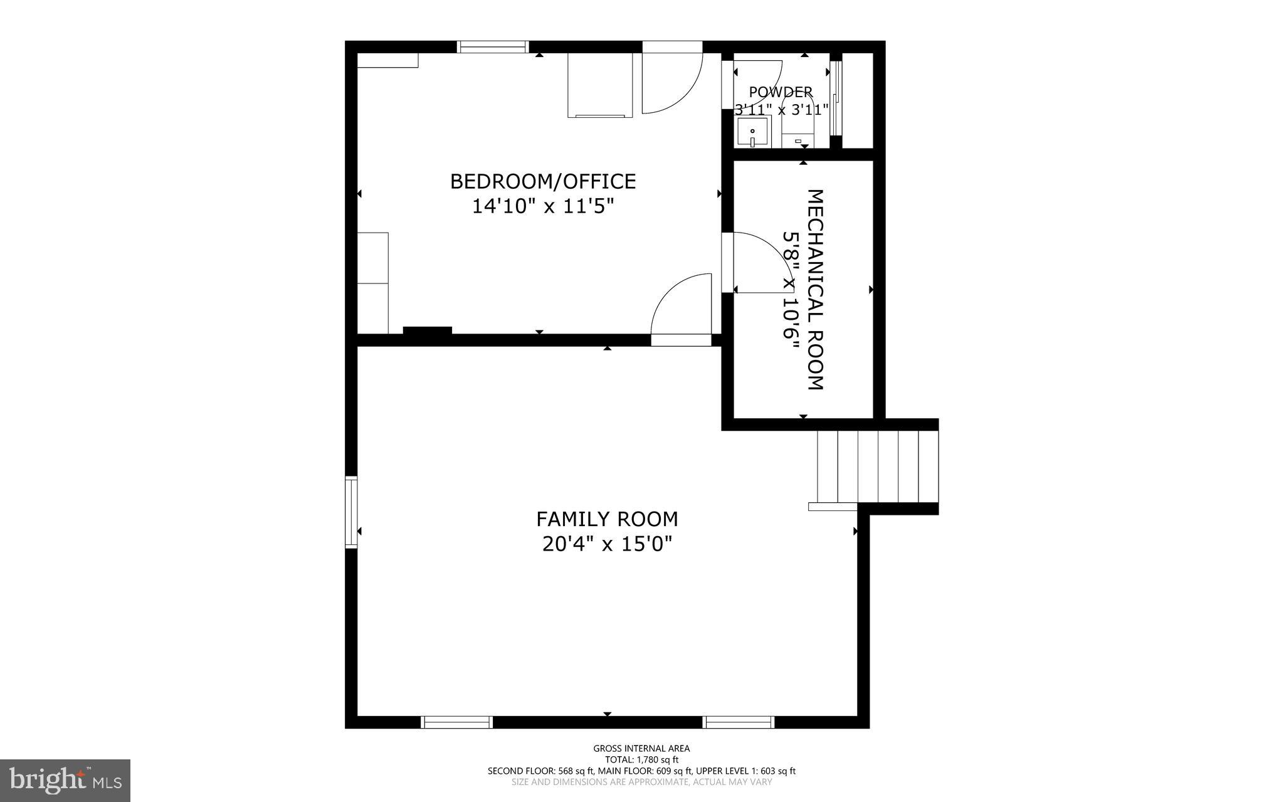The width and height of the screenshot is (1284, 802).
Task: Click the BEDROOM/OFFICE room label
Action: pyautogui.click(x=543, y=182)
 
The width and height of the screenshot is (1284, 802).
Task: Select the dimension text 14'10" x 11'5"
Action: pyautogui.click(x=543, y=206)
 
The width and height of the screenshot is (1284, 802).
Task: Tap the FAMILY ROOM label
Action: pyautogui.click(x=607, y=519)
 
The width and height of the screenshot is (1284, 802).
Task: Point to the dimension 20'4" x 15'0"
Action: pyautogui.click(x=607, y=544)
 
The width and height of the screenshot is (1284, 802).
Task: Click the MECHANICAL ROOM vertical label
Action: pyautogui.click(x=814, y=290)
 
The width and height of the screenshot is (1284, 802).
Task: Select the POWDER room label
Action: pyautogui.click(x=781, y=92)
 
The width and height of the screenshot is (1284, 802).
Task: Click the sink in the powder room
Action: pyautogui.click(x=752, y=133)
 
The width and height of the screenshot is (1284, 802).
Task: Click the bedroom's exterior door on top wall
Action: pyautogui.click(x=671, y=82)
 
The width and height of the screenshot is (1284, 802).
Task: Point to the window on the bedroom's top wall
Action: pyautogui.click(x=493, y=46)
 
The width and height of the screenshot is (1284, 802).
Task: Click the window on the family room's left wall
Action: pyautogui.click(x=351, y=512)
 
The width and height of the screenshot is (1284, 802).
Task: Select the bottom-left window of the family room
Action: pyautogui.click(x=456, y=722)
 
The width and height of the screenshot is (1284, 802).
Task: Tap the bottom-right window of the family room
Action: pyautogui.click(x=739, y=722)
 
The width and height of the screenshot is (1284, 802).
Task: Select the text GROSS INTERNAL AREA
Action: pyautogui.click(x=641, y=748)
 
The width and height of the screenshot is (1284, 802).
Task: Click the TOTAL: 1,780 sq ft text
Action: pyautogui.click(x=641, y=759)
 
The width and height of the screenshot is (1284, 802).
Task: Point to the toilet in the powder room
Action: pyautogui.click(x=797, y=129)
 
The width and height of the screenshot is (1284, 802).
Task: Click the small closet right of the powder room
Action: pyautogui.click(x=857, y=100)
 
